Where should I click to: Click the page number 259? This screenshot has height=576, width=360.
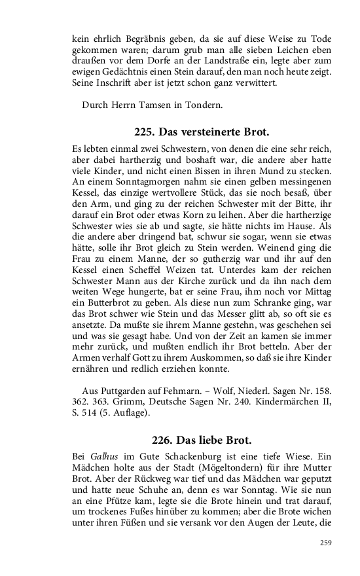pos(325,542)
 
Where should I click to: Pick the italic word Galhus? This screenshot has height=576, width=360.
pos(102,456)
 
